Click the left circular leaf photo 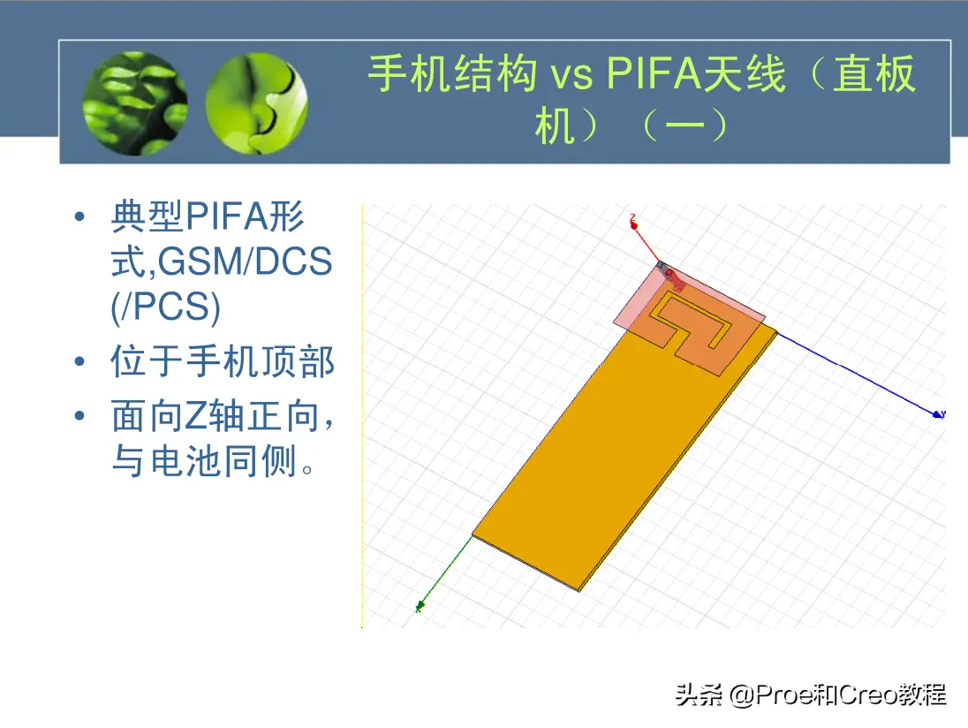(135, 103)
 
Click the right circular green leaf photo (256, 103)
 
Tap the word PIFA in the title (654, 74)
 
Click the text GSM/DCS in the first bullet (245, 262)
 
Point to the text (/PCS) (165, 307)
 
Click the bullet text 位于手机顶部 (223, 361)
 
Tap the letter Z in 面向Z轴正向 (196, 416)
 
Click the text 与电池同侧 (204, 460)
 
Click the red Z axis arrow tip (633, 224)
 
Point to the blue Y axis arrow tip (938, 414)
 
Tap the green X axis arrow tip (420, 606)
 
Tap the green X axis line (446, 571)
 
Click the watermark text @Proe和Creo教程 (838, 695)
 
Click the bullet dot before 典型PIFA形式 (79, 216)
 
